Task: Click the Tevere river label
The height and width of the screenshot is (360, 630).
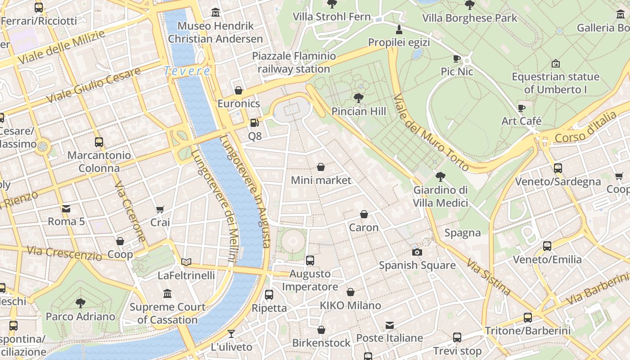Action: click(187, 71)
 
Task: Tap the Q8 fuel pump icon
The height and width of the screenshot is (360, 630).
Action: click(254, 122)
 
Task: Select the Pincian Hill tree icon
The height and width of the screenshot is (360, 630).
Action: click(358, 98)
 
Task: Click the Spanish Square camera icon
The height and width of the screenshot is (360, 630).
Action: click(417, 252)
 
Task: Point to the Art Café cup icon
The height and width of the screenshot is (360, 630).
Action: click(521, 108)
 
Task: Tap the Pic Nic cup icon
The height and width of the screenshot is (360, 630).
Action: click(456, 58)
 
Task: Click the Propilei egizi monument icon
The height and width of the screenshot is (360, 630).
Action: click(399, 30)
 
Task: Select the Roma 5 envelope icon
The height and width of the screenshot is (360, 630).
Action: click(66, 208)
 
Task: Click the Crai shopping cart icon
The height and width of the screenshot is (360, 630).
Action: click(160, 209)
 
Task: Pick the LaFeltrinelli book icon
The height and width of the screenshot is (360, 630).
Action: click(186, 262)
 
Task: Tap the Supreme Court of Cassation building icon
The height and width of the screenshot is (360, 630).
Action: click(167, 294)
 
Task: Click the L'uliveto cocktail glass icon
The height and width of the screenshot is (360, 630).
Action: click(231, 334)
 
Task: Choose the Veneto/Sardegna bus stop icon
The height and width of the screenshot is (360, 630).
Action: click(558, 168)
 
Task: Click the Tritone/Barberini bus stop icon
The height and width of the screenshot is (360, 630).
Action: click(527, 318)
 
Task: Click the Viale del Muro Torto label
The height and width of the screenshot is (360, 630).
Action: click(431, 133)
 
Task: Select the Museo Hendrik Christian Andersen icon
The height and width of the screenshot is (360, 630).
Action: click(216, 13)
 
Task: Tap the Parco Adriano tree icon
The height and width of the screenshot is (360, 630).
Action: click(81, 303)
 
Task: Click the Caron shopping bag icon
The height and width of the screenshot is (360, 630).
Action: click(364, 214)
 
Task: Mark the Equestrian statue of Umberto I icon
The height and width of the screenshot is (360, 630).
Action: click(555, 63)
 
